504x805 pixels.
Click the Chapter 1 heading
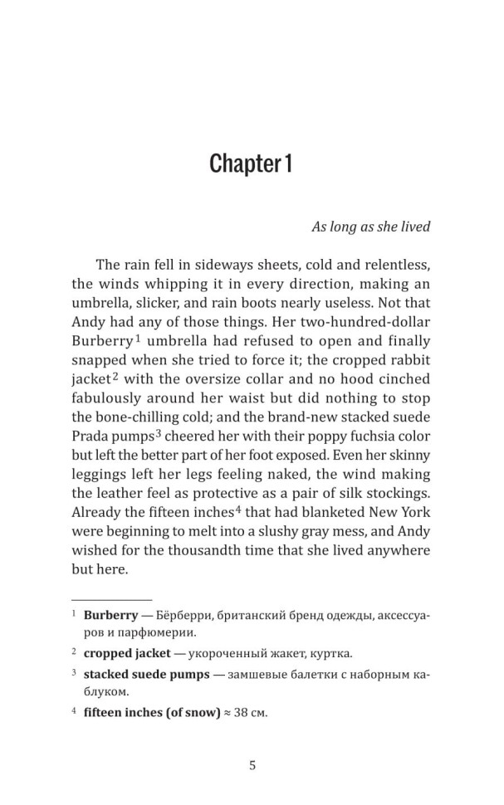250,163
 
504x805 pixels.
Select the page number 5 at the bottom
252,765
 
